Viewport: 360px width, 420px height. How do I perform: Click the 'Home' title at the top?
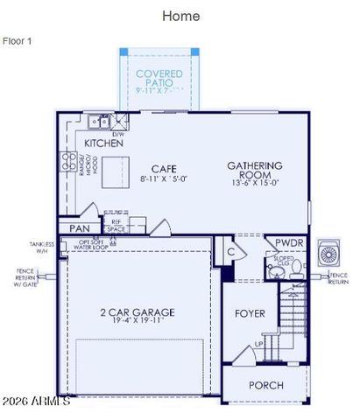(180, 16)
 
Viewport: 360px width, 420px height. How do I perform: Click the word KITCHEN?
(102, 142)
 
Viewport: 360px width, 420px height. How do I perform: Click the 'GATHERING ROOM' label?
(254, 169)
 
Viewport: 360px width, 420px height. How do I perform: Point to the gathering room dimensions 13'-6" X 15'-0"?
(254, 183)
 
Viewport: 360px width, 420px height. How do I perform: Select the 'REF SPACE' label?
(116, 226)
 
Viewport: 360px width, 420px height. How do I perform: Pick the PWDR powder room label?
(289, 242)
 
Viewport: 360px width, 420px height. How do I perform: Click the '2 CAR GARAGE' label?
(136, 311)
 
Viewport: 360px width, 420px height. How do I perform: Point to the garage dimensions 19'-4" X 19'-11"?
(136, 322)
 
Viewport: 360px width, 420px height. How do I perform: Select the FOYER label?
(250, 312)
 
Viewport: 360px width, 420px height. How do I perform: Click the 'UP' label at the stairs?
(258, 344)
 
